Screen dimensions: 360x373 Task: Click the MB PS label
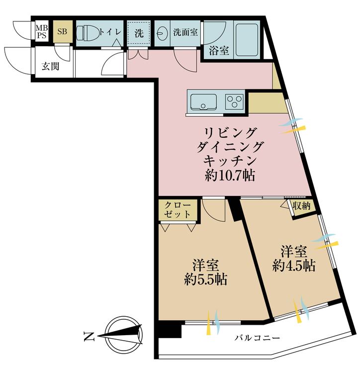tap(42, 31)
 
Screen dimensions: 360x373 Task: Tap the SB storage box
tap(62, 32)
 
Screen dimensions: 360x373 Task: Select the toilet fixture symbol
tap(88, 32)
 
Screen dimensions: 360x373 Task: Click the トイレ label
tap(110, 32)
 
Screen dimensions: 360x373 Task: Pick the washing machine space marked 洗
tap(139, 33)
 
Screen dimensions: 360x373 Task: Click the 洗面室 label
tap(185, 32)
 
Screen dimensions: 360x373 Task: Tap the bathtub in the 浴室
tap(247, 39)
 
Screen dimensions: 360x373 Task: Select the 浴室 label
tap(219, 50)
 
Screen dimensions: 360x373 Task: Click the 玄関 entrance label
tap(50, 66)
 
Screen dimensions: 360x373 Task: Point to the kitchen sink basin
tap(204, 102)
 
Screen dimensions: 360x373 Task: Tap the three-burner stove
tap(235, 101)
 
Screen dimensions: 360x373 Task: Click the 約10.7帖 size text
tap(230, 176)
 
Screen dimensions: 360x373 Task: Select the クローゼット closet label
tap(178, 209)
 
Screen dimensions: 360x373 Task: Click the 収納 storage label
tap(301, 206)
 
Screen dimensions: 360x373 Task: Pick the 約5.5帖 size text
tap(205, 280)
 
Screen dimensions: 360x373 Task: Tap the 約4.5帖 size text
tap(294, 266)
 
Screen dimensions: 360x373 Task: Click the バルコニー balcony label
tap(257, 338)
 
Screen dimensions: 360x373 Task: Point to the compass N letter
tap(89, 336)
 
